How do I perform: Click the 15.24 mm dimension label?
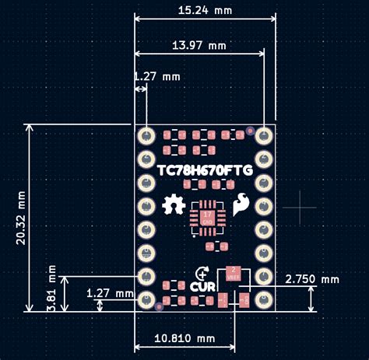(x=205, y=12)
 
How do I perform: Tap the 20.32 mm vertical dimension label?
(x=20, y=218)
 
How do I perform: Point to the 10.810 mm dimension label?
(x=184, y=338)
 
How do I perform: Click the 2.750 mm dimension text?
(x=312, y=278)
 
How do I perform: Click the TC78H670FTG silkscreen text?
(x=204, y=170)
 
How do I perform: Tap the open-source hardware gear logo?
(x=172, y=205)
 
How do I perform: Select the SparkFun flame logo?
(x=240, y=204)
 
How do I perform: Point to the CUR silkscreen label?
(x=203, y=286)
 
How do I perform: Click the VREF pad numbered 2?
(x=233, y=273)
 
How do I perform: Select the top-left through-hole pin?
(x=145, y=135)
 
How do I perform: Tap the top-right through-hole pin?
(x=264, y=135)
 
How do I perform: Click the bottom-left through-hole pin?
(x=145, y=299)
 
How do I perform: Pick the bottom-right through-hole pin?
(x=264, y=299)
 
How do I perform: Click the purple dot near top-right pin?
(x=250, y=130)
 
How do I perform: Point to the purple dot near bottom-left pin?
(x=160, y=307)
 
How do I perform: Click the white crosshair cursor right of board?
(x=300, y=208)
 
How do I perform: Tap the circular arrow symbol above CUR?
(x=203, y=273)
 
